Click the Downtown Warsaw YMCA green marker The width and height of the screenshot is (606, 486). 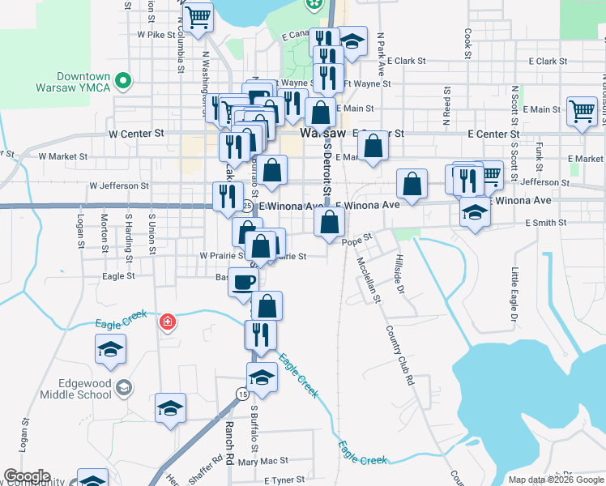123,80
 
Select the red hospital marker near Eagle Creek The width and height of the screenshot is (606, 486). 168,322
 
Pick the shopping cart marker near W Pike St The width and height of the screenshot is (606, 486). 198,17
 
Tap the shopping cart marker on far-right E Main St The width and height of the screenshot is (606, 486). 582,111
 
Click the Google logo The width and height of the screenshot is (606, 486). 27,476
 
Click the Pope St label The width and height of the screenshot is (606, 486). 356,241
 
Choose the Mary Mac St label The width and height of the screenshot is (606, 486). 258,461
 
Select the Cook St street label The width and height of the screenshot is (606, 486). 468,43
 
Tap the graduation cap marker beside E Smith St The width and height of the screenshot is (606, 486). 475,212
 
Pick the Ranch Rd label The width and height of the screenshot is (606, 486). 229,441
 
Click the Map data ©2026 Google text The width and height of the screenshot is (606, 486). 556,480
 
